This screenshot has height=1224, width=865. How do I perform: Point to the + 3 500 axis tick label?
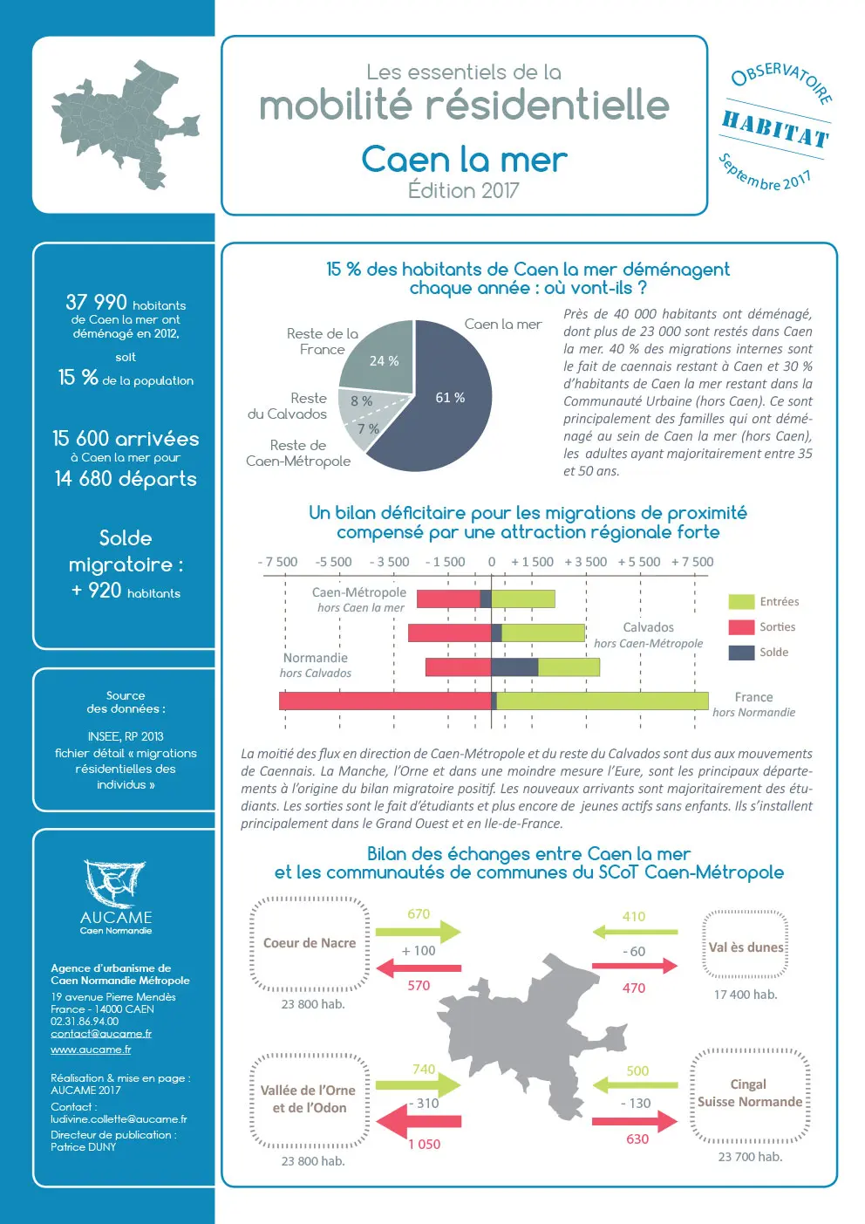(585, 562)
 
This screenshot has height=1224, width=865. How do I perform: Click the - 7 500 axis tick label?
(277, 562)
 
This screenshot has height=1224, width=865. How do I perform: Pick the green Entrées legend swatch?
(740, 602)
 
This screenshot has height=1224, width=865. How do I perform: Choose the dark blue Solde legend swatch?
(740, 653)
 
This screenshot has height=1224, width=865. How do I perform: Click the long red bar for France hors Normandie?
(384, 701)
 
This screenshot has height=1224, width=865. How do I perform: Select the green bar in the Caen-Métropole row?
(523, 598)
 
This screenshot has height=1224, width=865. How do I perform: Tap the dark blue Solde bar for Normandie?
(514, 667)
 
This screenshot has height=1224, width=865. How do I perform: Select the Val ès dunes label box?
(746, 947)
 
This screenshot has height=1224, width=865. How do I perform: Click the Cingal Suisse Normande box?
(749, 1094)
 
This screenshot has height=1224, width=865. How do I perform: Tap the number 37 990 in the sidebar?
(96, 303)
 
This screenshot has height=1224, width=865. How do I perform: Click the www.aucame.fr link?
(91, 1050)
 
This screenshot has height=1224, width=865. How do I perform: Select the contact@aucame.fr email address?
(101, 1034)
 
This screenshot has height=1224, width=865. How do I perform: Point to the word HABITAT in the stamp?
(775, 130)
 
